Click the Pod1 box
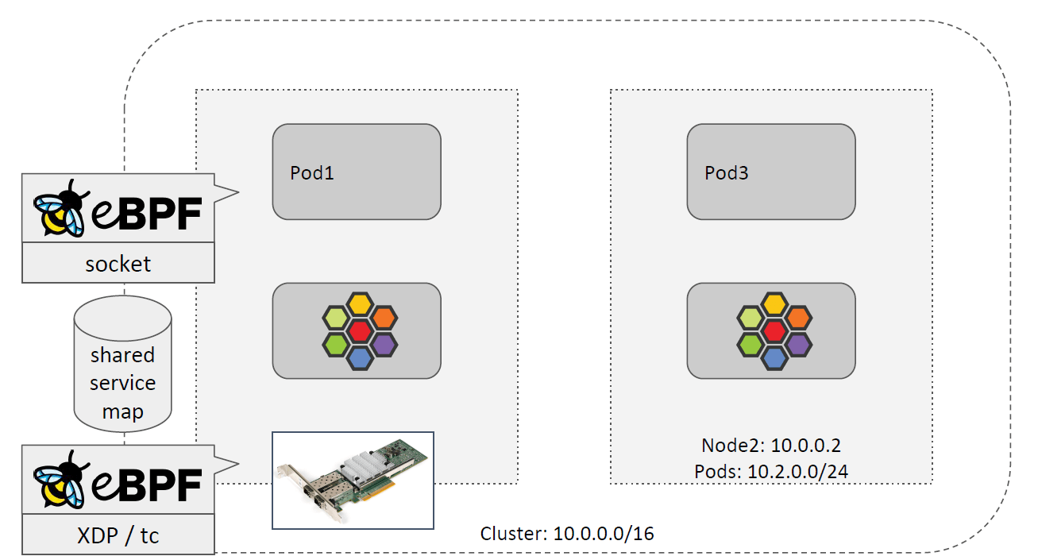[x=357, y=172]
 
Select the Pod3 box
[x=770, y=172]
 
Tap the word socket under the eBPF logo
[x=118, y=264]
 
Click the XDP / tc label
[x=118, y=535]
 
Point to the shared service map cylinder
[x=122, y=369]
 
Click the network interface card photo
[x=353, y=480]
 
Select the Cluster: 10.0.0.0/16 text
[x=567, y=533]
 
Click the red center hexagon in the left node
[x=360, y=330]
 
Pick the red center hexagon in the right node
[x=774, y=330]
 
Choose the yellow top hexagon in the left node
[x=360, y=303]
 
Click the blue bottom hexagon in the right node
[x=774, y=358]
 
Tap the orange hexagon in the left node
[x=384, y=317]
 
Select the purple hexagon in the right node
[x=798, y=344]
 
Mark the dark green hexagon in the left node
[x=336, y=345]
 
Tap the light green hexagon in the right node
[x=751, y=317]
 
